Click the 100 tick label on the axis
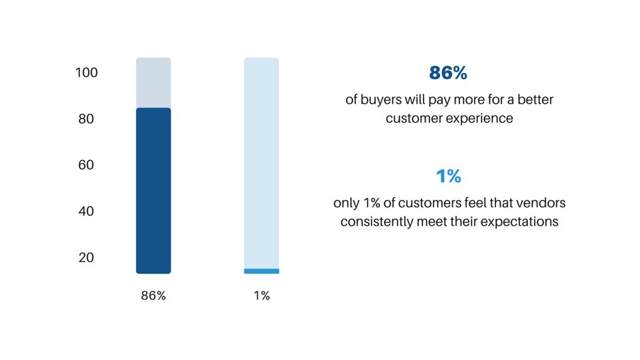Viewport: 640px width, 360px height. point(86,72)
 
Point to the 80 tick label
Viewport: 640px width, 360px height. point(86,119)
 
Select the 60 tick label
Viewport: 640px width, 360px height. point(86,165)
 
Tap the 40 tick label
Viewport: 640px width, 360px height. point(86,211)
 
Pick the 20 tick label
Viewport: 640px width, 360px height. point(86,258)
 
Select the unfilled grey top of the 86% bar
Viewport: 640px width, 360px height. point(153,83)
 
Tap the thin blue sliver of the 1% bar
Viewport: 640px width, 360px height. point(262,271)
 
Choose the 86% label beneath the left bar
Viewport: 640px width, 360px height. point(153,296)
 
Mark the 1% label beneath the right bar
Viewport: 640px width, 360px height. point(262,296)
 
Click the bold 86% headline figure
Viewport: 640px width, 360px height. point(448,73)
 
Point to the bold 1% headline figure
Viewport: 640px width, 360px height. point(449,176)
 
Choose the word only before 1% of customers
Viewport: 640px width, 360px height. point(347,203)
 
